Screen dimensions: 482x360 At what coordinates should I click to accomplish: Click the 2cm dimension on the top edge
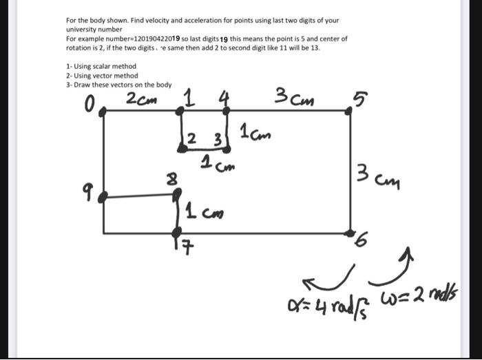coord(142,99)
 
